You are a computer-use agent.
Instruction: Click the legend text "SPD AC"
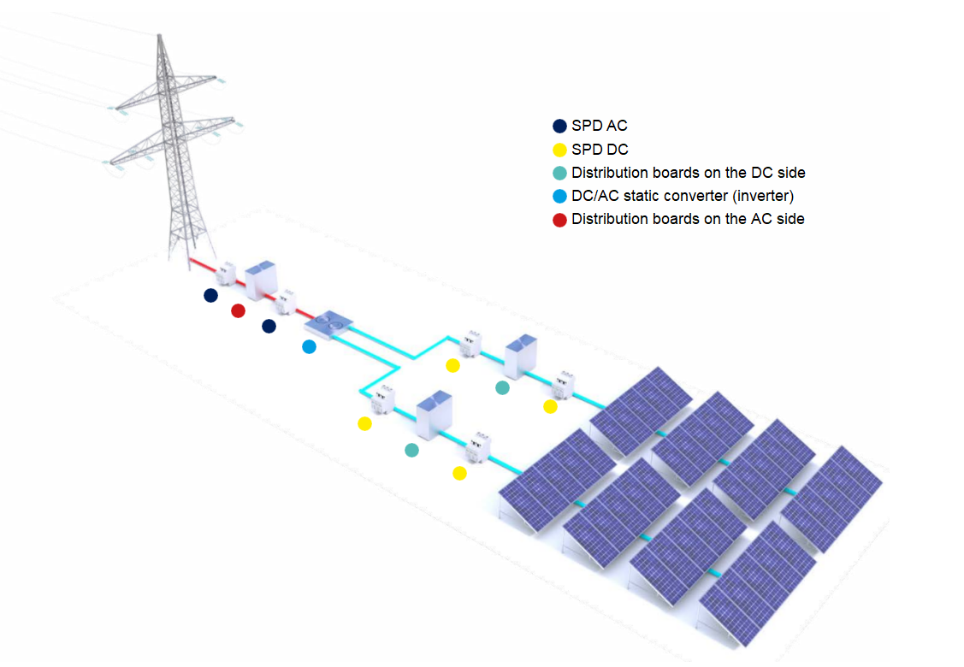[x=599, y=126]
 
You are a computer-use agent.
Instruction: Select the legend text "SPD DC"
[x=600, y=150]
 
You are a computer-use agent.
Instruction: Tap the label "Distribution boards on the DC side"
[x=688, y=173]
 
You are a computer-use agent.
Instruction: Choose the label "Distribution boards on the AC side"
[x=688, y=219]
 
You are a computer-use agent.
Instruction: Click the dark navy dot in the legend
[x=559, y=127]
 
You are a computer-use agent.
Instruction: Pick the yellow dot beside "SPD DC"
[x=559, y=150]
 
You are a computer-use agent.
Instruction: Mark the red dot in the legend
[x=559, y=220]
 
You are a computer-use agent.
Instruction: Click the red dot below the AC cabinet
[x=238, y=310]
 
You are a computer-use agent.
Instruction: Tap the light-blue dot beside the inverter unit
[x=309, y=346]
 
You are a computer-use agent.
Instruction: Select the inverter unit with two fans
[x=328, y=323]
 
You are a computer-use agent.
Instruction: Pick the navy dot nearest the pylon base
[x=210, y=295]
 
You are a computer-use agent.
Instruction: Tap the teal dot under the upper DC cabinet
[x=502, y=387]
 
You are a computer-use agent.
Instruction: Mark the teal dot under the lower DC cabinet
[x=411, y=450]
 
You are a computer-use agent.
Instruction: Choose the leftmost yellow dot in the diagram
[x=365, y=423]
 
